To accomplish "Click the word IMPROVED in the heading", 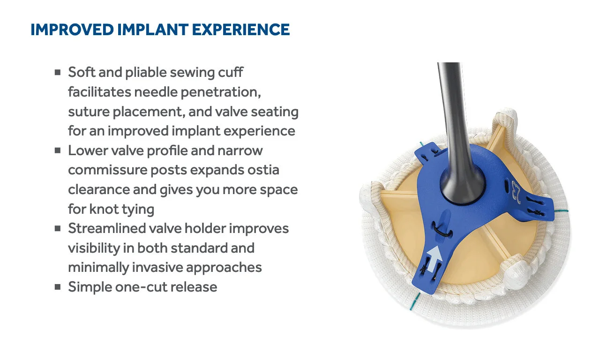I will point(71,30).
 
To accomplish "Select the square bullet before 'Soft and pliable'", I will point(58,72).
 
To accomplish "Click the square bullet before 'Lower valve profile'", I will point(58,150).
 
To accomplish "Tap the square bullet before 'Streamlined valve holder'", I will point(58,229).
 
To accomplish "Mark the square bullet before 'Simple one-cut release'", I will point(58,287).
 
